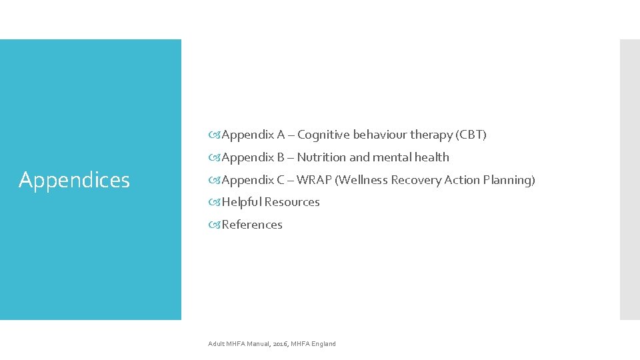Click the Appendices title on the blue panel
tap(74, 180)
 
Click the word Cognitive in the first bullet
tap(323, 135)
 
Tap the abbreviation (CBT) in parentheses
tap(471, 135)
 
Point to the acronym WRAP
tap(317, 180)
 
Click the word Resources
tap(292, 202)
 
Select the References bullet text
tap(252, 225)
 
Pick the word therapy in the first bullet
tap(431, 135)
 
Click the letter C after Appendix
tap(281, 180)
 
